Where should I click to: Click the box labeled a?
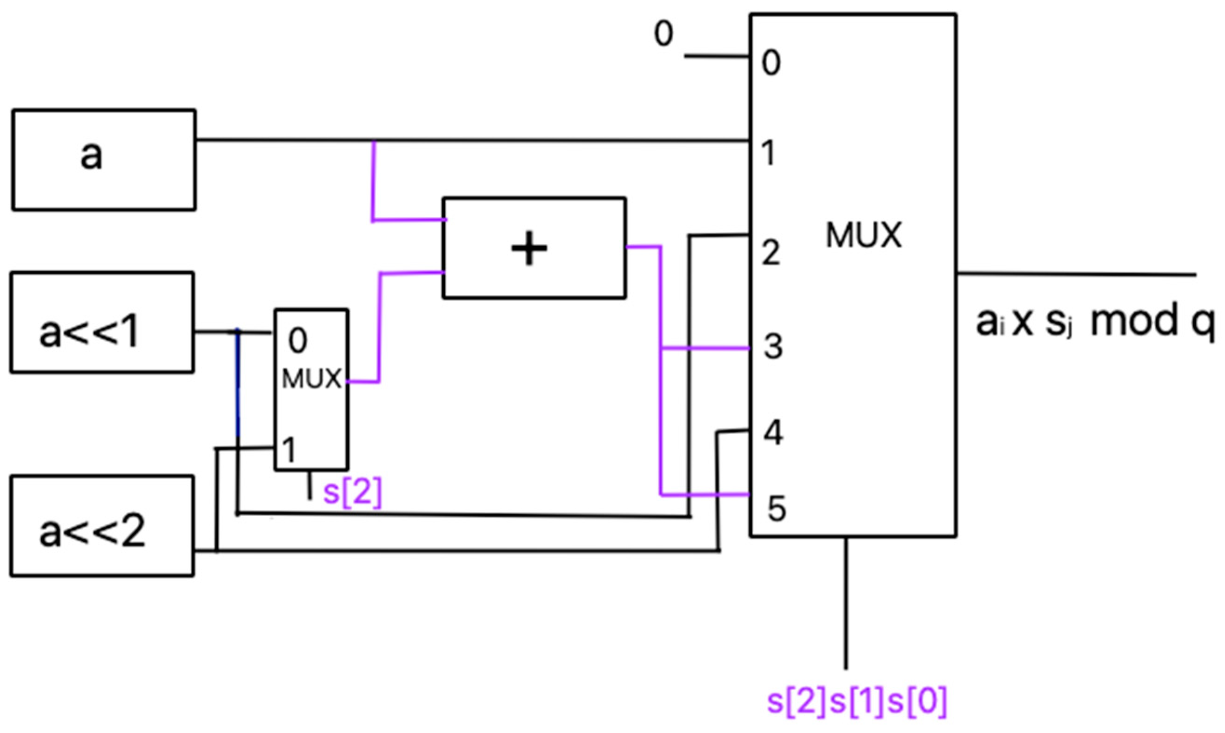pos(104,160)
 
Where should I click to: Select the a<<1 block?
pos(102,322)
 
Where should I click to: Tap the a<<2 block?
pos(102,525)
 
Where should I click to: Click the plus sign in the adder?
pos(529,249)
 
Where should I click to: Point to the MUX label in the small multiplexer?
pos(312,379)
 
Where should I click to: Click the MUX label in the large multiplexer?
pos(864,235)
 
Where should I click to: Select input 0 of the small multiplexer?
pos(298,340)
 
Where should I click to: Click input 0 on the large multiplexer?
pos(771,63)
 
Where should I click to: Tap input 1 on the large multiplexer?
pos(768,153)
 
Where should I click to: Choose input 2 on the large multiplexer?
pos(771,253)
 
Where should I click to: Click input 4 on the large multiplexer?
pos(773,433)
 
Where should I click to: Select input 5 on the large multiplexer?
pos(776,509)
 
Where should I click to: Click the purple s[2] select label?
pos(353,493)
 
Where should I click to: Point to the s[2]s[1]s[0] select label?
pos(857,701)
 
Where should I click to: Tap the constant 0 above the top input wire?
pos(663,34)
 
